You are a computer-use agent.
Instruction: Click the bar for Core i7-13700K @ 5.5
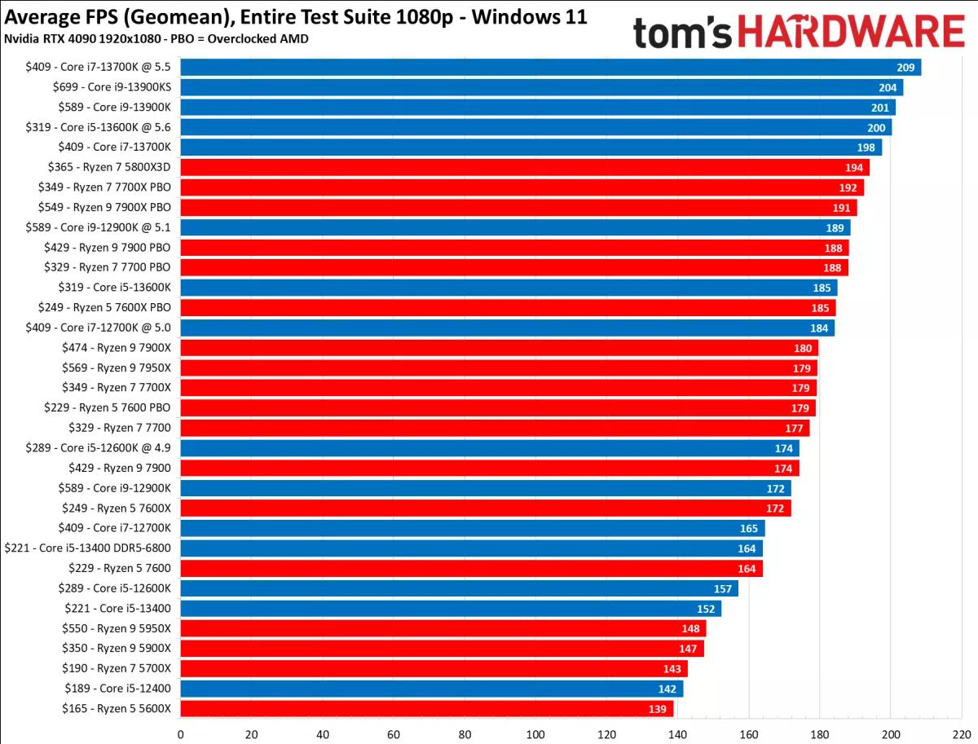point(550,67)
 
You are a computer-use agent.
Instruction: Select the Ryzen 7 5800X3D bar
point(524,167)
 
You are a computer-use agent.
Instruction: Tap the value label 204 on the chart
point(888,87)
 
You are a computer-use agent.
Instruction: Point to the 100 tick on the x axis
point(535,733)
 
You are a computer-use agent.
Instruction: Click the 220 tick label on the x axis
point(962,733)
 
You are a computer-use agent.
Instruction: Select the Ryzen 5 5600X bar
point(427,709)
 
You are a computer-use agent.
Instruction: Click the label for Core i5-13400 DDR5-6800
point(87,548)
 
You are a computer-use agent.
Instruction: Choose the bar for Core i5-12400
point(431,689)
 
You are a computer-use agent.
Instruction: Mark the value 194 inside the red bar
point(855,167)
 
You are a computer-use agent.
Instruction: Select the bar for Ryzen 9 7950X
point(498,368)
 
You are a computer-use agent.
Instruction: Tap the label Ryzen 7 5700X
point(117,668)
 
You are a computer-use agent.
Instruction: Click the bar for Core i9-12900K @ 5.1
point(514,227)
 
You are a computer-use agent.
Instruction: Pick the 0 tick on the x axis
point(180,733)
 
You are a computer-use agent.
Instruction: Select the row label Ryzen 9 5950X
point(117,628)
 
